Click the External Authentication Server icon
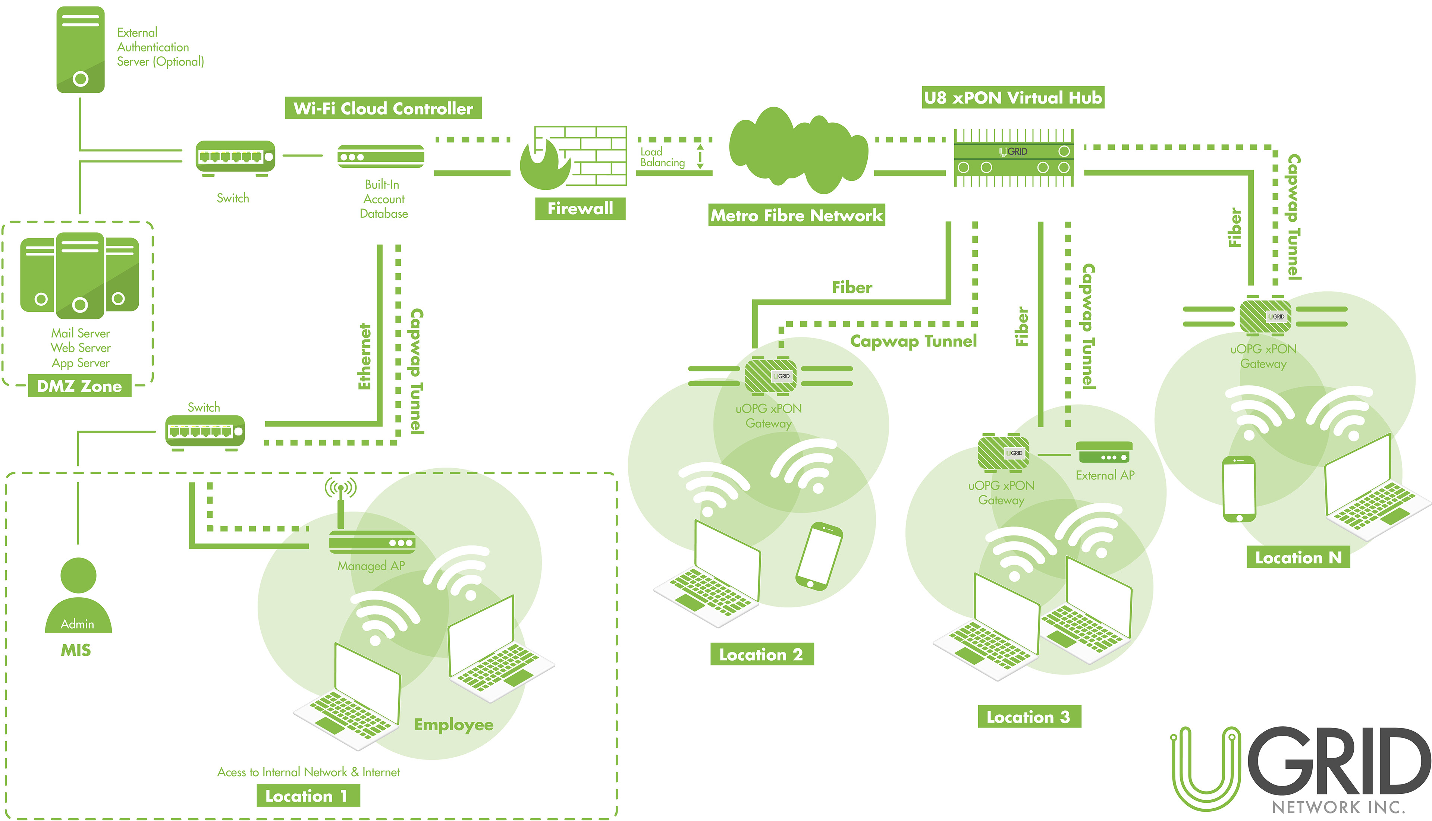coord(80,50)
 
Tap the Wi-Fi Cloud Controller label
coord(383,108)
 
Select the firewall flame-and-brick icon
coord(572,158)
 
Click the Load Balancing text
coord(662,157)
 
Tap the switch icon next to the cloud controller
coord(235,157)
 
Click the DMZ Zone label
coord(79,386)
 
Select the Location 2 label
coord(761,655)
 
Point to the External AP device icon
coord(1104,453)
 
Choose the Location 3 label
coord(1029,717)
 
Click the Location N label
coord(1298,558)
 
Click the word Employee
coord(453,724)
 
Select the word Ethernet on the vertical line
coord(365,356)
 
